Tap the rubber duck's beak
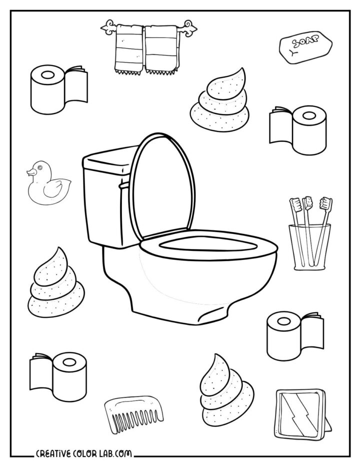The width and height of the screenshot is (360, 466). point(29,172)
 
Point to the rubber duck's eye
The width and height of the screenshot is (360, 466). point(36,168)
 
